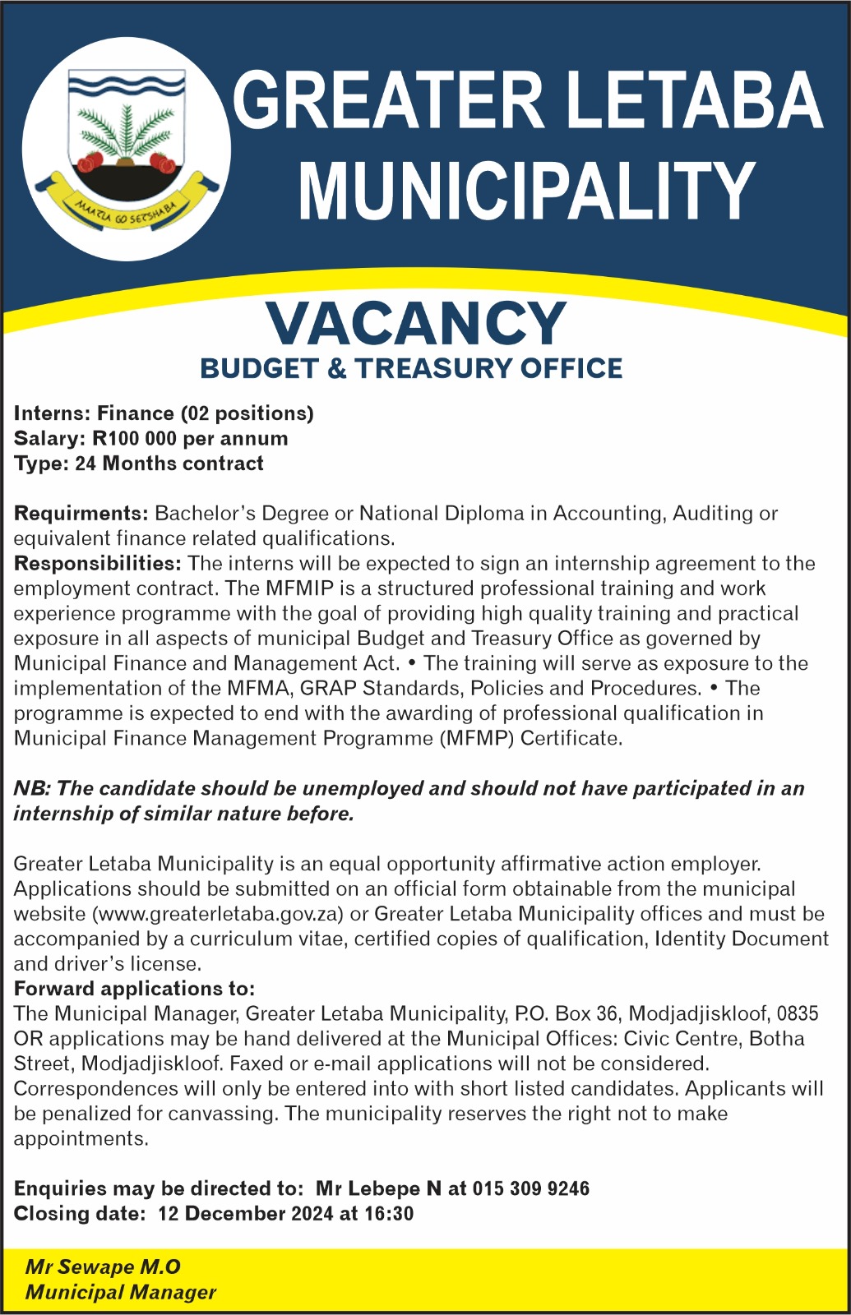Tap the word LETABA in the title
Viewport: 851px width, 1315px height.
point(695,100)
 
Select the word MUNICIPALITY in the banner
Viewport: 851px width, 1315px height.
point(526,191)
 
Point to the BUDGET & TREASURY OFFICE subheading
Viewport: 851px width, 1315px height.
point(411,368)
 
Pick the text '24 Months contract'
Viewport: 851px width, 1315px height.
point(169,464)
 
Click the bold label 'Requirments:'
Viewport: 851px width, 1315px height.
point(81,514)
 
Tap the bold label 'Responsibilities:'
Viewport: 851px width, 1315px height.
point(97,564)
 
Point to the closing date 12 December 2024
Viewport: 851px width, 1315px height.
point(246,1214)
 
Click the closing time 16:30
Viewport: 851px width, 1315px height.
point(387,1214)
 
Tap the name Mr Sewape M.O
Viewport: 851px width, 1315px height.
point(103,1267)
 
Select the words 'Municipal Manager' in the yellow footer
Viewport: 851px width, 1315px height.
point(121,1293)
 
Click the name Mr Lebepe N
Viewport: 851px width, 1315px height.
point(379,1188)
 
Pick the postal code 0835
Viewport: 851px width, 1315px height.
point(798,1014)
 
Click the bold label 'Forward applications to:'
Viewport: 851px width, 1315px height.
point(134,989)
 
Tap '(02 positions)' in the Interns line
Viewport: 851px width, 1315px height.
point(247,413)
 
